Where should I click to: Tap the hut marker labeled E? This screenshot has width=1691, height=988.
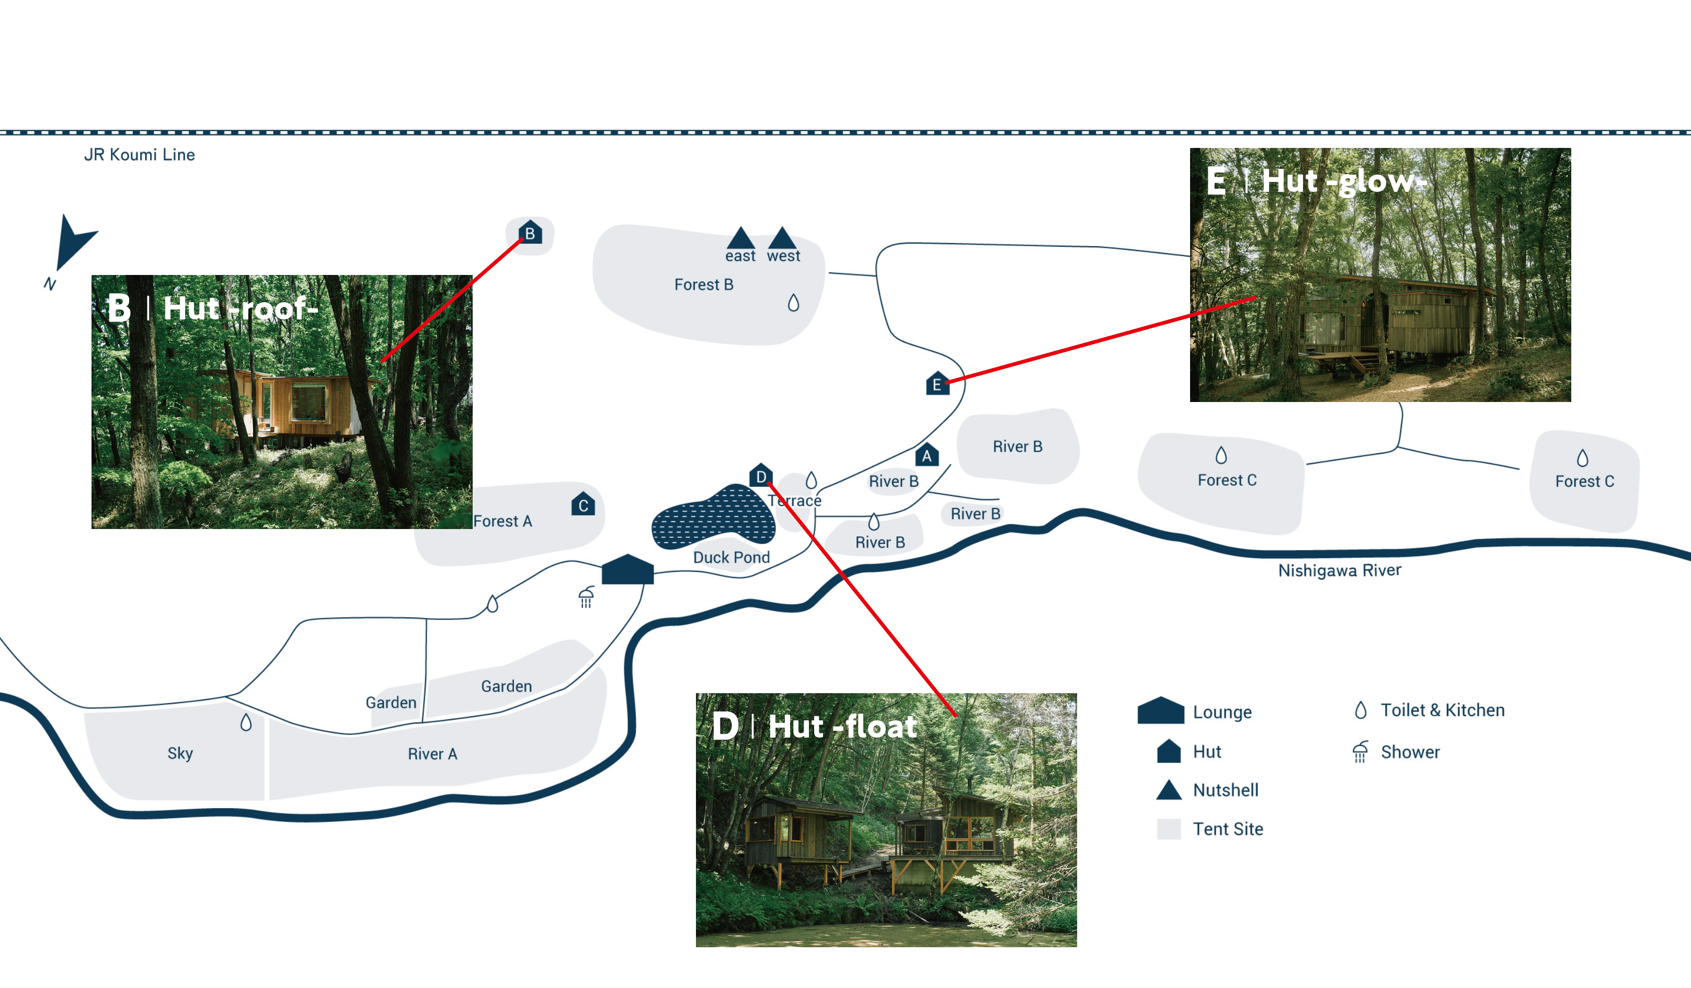coord(937,384)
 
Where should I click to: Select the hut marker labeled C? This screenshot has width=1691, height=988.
coord(582,504)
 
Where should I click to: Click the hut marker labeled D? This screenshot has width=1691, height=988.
coord(760,476)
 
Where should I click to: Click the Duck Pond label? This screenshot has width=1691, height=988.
coord(731,557)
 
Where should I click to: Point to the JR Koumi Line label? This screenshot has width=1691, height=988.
coord(140,155)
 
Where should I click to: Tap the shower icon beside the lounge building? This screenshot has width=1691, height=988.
coord(586,597)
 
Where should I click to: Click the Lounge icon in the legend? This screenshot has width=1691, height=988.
coord(1160,710)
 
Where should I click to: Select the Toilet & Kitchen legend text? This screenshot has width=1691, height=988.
coord(1442,710)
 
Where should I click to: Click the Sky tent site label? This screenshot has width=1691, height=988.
coord(180,753)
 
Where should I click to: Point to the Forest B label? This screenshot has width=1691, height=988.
coord(703,284)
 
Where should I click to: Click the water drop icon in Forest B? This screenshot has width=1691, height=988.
coord(793,303)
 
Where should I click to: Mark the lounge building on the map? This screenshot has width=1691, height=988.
coord(627,570)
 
